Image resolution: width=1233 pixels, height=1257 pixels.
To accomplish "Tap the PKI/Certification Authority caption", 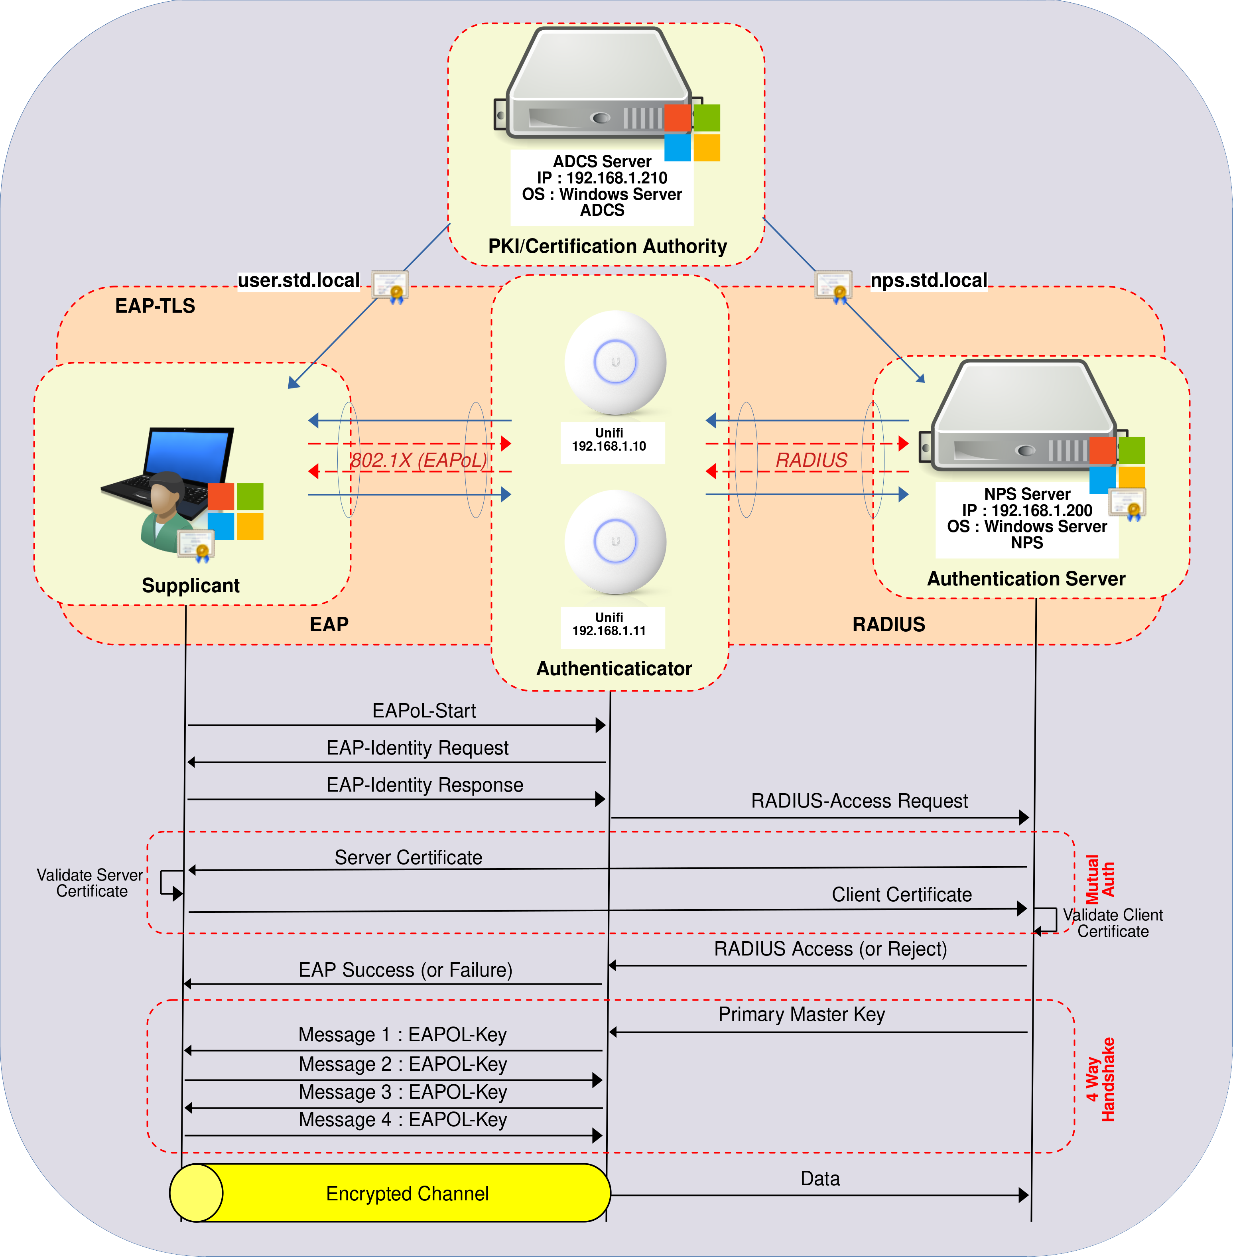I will point(607,246).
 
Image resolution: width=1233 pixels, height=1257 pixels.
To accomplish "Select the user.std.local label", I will point(299,280).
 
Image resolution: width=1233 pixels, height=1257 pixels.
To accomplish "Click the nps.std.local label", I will point(929,280).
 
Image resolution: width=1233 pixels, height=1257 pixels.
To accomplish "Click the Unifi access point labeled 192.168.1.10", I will point(615,363).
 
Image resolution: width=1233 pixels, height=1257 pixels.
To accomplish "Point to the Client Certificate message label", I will point(902,895).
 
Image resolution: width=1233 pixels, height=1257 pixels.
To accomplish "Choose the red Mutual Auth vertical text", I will point(1099,879).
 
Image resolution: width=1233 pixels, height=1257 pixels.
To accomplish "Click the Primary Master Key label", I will point(801,1014).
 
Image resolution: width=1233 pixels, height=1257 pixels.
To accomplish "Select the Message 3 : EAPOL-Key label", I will point(402,1092).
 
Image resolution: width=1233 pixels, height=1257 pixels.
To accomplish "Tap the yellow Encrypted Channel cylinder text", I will point(407,1194).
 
